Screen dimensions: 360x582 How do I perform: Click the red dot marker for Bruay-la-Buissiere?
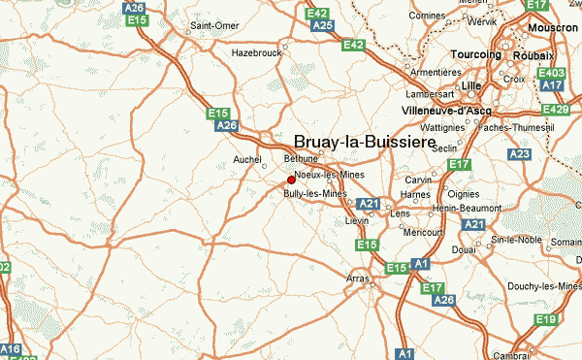[x=291, y=180]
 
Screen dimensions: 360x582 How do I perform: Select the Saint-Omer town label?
[x=214, y=24]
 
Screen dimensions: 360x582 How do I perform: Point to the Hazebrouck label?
[x=254, y=53]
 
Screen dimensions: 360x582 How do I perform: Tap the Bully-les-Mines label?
[x=314, y=194]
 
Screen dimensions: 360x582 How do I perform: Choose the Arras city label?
[x=358, y=278]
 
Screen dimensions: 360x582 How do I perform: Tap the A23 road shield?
[x=520, y=154]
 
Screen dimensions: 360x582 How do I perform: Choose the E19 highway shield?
[x=546, y=320]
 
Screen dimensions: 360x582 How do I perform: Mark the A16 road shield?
[x=9, y=348]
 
